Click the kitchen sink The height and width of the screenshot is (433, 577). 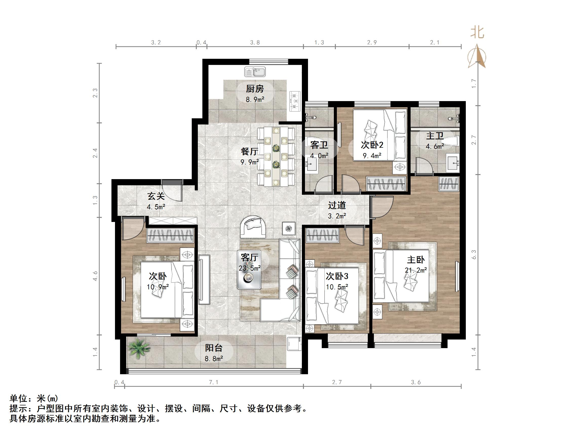point(255,72)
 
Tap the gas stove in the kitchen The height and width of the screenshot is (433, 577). point(295,101)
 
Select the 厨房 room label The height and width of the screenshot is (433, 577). point(255,89)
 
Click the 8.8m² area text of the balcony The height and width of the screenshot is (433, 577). point(214,359)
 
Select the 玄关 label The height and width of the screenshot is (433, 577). point(156,196)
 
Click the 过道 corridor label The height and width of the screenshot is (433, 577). point(337,205)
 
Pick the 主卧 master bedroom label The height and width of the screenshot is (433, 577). point(416,260)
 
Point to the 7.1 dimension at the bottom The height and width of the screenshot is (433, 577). point(214,382)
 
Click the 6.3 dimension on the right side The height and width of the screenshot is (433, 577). point(474,254)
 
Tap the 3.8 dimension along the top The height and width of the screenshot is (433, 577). point(255,43)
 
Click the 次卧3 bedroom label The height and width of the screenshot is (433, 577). point(337,276)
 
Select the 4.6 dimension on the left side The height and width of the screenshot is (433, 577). point(95,276)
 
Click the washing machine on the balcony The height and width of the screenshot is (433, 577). point(294,344)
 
